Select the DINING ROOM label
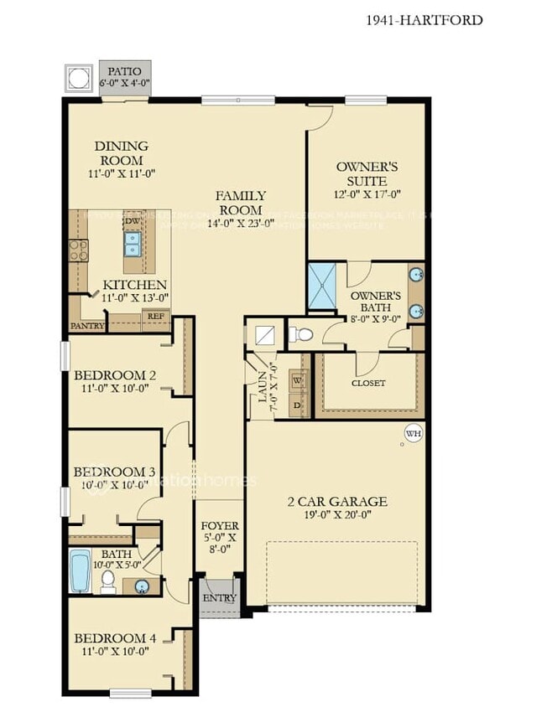tap(122, 153)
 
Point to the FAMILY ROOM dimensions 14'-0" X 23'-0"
tap(240, 223)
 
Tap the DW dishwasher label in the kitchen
tap(131, 221)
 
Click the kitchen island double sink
tap(133, 243)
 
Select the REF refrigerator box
tap(156, 317)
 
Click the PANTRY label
tap(87, 325)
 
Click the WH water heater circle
tap(413, 433)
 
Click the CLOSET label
tap(368, 383)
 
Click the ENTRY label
tap(220, 598)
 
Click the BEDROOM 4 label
tap(114, 638)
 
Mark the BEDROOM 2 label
tap(114, 374)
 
